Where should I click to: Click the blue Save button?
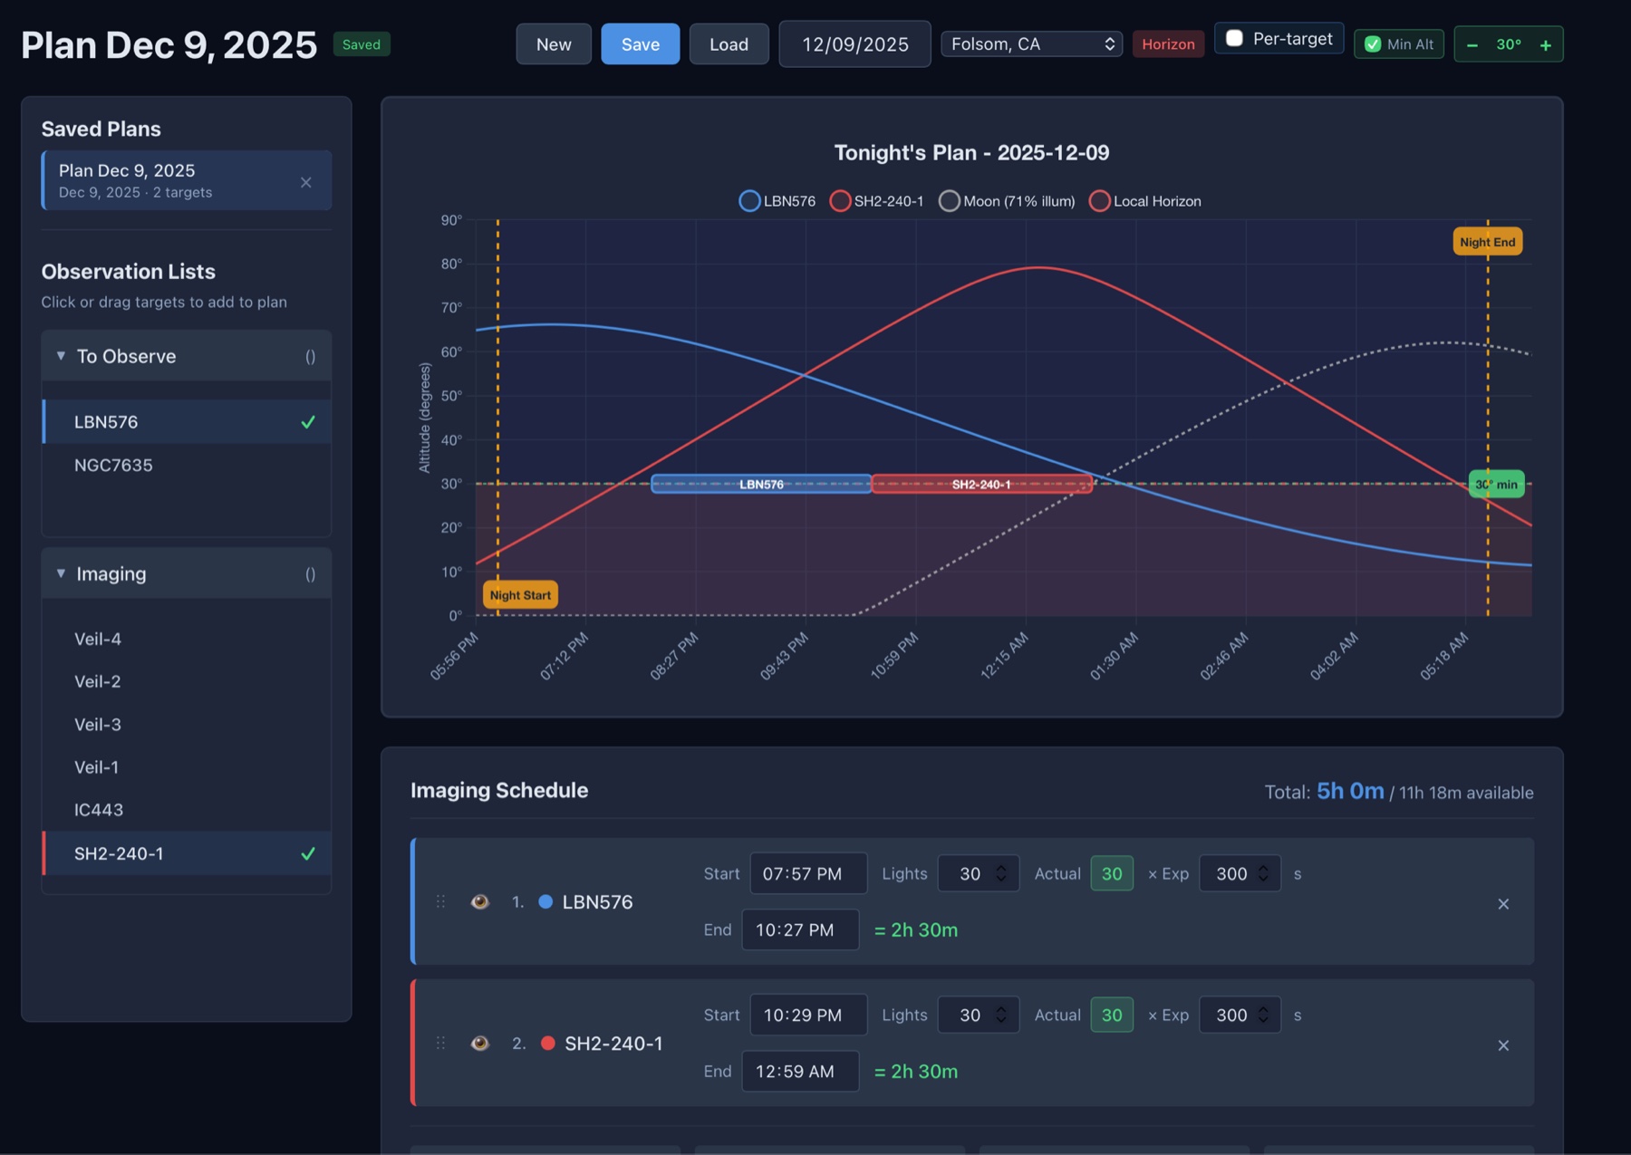(640, 44)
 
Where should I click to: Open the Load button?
(729, 44)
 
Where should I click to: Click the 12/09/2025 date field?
(854, 44)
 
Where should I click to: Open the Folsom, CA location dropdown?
(1031, 44)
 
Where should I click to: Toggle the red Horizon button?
(1168, 44)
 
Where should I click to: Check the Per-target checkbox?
(1234, 39)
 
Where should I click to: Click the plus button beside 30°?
(1545, 45)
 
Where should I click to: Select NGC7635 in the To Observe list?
(113, 466)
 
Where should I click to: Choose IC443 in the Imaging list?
(99, 810)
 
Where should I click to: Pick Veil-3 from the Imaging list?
(98, 725)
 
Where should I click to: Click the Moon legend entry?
(1007, 201)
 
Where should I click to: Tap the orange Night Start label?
(520, 595)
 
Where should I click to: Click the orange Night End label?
(1488, 242)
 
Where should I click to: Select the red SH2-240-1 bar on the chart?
(981, 485)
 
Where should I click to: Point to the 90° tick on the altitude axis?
(452, 220)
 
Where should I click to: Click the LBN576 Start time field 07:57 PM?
(808, 874)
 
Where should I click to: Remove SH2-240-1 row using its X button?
(1503, 1045)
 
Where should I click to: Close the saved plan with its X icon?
(306, 182)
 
